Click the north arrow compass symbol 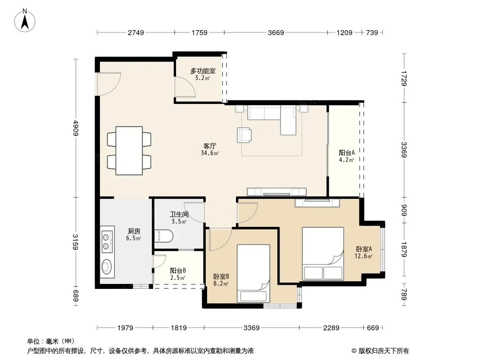[25, 20]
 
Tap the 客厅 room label [210, 146]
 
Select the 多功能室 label [203, 71]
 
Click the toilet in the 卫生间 [164, 236]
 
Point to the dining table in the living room [129, 150]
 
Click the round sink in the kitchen [107, 267]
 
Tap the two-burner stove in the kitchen [107, 242]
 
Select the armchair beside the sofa [245, 135]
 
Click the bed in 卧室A [323, 253]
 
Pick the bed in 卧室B [253, 273]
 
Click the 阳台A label [347, 153]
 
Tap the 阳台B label [178, 271]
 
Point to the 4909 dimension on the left [76, 128]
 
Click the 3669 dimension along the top [276, 32]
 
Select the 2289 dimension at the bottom [331, 328]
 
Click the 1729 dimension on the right [404, 78]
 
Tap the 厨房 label [134, 231]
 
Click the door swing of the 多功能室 [185, 87]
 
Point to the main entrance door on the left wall [108, 84]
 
